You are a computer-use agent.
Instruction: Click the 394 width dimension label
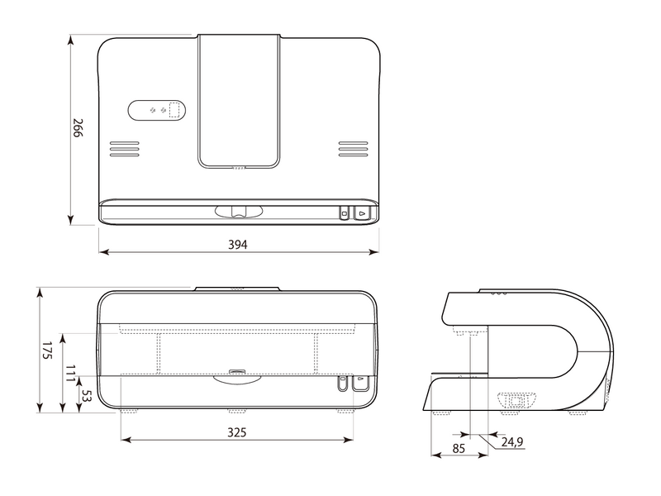tap(239, 245)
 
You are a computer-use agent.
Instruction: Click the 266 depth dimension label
tap(78, 128)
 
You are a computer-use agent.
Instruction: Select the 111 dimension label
tap(71, 373)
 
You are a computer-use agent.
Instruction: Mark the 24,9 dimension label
tap(513, 443)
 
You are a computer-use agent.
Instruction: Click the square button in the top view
tap(345, 213)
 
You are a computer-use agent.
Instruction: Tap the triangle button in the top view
tap(361, 213)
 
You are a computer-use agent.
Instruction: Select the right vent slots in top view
tap(353, 148)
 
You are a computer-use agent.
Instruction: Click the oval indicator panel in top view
tap(158, 110)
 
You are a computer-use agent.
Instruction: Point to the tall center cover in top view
tap(239, 99)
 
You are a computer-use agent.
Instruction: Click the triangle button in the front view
tap(360, 383)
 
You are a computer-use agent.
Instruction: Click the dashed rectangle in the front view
tap(237, 353)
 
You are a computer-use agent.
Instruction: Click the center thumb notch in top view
tap(239, 212)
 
